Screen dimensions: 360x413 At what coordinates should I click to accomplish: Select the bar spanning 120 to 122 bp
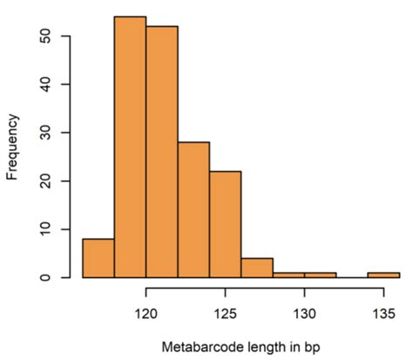[162, 152]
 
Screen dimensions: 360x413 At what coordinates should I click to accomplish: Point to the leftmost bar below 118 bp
[98, 258]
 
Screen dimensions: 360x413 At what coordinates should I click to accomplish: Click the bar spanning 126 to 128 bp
[257, 268]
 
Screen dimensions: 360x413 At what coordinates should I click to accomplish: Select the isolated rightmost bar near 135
[383, 275]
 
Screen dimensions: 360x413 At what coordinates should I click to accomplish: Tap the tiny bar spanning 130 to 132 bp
[320, 275]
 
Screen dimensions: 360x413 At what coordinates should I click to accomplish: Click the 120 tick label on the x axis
[146, 311]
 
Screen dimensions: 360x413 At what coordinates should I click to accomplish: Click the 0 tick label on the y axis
[53, 277]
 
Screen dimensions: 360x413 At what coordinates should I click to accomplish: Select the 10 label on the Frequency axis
[53, 229]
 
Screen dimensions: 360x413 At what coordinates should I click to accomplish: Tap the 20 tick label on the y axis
[53, 181]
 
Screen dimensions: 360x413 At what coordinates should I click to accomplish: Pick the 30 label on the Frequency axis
[53, 132]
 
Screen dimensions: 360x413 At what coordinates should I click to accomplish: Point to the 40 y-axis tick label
[53, 85]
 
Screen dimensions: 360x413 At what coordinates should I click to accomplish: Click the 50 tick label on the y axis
[53, 37]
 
